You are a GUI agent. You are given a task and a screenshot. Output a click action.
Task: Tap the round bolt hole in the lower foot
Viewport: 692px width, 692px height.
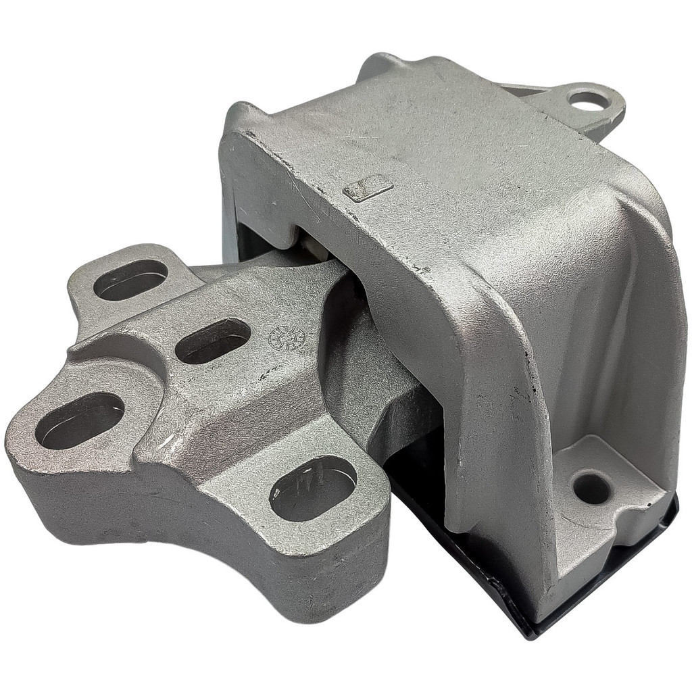(592, 488)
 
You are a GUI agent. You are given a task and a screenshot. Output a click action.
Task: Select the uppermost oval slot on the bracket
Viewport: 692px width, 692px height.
(130, 279)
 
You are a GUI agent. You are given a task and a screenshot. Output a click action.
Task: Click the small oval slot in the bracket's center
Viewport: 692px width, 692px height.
(213, 340)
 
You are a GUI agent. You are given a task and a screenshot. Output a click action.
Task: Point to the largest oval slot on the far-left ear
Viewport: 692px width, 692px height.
(80, 420)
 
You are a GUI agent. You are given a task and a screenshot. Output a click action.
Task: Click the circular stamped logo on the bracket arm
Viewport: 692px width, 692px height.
(287, 337)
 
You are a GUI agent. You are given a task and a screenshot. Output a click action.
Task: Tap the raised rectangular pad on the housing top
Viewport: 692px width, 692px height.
(368, 187)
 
